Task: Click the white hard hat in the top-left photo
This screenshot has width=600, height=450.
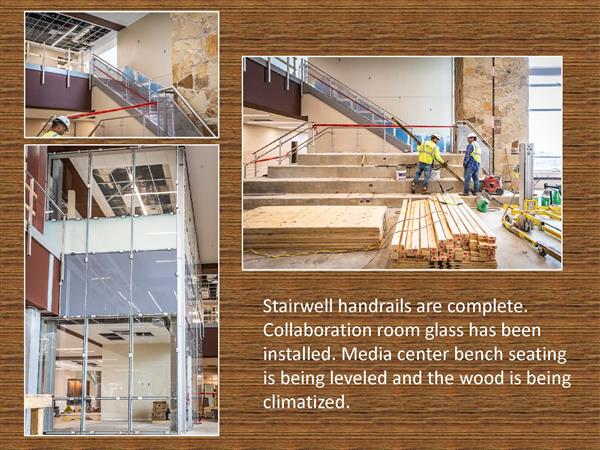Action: tap(62, 121)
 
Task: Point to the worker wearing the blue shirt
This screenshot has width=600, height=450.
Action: tap(471, 164)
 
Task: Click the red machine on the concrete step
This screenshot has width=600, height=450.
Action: tap(491, 185)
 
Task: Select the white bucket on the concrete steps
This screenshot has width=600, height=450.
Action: tap(401, 174)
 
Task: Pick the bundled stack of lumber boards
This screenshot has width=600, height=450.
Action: tap(444, 232)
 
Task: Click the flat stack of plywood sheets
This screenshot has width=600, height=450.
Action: tap(315, 228)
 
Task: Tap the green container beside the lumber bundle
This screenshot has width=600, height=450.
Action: tap(483, 205)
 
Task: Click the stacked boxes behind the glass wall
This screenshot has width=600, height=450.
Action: tap(159, 411)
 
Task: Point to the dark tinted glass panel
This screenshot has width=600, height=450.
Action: tap(119, 283)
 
